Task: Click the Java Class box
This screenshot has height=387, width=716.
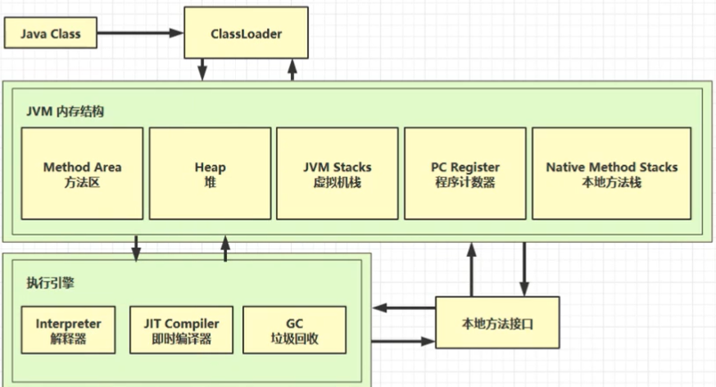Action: click(x=52, y=34)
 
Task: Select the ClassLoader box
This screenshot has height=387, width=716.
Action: click(x=245, y=34)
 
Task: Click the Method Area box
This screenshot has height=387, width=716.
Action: click(x=83, y=174)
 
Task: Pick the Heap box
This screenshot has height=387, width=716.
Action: click(x=210, y=174)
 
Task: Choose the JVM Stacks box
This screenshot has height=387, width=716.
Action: click(x=337, y=174)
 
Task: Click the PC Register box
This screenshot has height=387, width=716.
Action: click(x=464, y=174)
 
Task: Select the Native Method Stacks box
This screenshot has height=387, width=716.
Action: click(x=611, y=174)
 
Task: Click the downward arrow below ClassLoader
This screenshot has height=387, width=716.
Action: click(x=202, y=70)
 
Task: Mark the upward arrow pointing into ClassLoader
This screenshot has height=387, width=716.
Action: click(x=292, y=70)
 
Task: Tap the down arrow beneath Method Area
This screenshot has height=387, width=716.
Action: click(x=137, y=245)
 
